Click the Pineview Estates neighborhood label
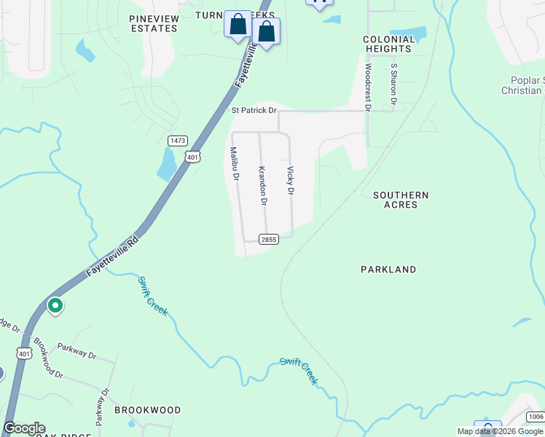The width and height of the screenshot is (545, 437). [153, 23]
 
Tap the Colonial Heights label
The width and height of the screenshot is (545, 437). [388, 44]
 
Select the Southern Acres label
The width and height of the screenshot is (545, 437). [401, 200]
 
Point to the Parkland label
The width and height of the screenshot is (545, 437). [388, 269]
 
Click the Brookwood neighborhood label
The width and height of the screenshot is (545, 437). [147, 410]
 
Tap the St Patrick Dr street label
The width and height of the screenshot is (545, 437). [254, 111]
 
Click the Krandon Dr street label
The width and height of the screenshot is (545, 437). [263, 185]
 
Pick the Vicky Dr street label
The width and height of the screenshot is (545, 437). [290, 181]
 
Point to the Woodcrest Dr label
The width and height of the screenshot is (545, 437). [368, 87]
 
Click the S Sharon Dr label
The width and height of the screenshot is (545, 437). [393, 84]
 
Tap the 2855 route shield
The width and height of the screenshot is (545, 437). [269, 239]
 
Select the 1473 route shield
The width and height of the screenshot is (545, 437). [177, 140]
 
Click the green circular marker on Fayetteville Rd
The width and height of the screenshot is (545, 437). [55, 306]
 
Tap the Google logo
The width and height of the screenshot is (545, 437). [24, 428]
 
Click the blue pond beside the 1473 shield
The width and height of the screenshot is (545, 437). [167, 165]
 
